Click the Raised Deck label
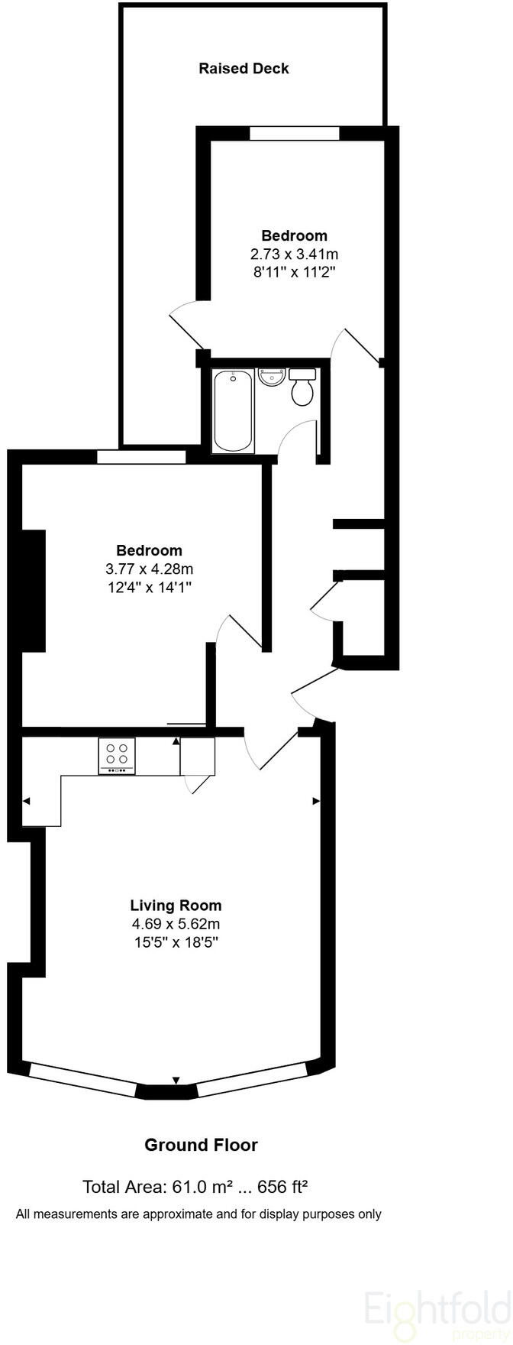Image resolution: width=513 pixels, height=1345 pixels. coord(244,69)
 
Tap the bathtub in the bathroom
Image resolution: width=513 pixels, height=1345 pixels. coord(233,410)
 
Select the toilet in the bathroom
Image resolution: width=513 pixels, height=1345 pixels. coord(302,387)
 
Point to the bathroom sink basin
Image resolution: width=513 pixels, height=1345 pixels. coord(272,377)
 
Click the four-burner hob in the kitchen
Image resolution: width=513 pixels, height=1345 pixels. coord(117,755)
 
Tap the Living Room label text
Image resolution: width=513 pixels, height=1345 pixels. coord(176,906)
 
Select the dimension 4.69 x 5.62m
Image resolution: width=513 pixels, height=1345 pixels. coord(176,924)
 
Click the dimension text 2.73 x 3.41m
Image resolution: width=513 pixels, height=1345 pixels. coord(294,254)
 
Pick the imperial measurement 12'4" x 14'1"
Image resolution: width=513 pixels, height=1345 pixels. coord(149,587)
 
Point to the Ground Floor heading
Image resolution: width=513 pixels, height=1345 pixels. coord(201,1145)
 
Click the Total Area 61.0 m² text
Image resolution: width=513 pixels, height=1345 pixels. coord(195,1187)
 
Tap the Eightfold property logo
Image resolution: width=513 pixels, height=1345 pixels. coord(436,1308)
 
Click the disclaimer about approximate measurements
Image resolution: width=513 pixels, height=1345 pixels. coord(198,1214)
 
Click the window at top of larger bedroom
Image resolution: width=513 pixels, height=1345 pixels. coord(141,457)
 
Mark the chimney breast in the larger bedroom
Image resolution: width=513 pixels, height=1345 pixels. coord(34,590)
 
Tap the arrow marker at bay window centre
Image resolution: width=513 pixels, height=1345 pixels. coord(176,1080)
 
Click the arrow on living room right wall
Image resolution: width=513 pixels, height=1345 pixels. coord(316,801)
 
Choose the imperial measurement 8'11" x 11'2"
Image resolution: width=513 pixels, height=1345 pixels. coord(294,272)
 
